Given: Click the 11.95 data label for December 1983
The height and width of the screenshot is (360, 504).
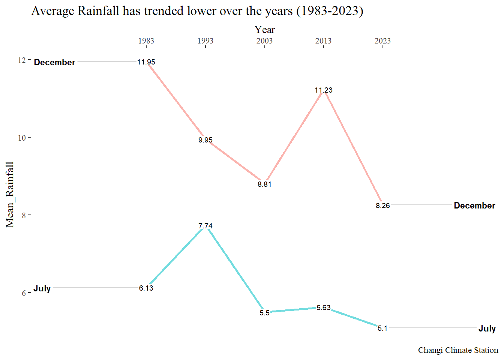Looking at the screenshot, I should pos(146,62).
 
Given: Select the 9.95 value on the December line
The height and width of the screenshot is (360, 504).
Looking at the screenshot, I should pos(205,140).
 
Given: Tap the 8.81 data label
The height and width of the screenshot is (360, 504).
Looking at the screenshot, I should pos(264,184).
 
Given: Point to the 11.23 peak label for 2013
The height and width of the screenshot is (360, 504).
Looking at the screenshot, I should pos(324,90).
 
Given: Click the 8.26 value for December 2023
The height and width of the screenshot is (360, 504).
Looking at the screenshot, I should pos(383,206).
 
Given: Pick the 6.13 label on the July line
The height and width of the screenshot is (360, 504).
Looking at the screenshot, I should pos(146,288).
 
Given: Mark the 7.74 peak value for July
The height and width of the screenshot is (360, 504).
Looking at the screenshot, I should pos(205,226).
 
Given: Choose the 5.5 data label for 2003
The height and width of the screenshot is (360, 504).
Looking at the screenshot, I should pos(264,313).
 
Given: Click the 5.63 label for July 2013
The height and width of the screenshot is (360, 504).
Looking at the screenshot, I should pos(324,308).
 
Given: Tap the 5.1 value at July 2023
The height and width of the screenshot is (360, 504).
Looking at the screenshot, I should pos(382,328).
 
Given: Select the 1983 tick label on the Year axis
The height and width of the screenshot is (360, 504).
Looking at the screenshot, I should pos(146,41).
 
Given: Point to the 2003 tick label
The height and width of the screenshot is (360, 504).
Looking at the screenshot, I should pos(264,41).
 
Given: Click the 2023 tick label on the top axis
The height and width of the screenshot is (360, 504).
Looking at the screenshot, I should pos(382,41).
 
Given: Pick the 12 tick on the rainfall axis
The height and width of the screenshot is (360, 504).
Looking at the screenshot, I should pos(22,60).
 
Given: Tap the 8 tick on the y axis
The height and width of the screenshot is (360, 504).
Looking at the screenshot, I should pos(24,215).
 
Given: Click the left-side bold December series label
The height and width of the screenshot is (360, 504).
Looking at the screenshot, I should pos(55,62).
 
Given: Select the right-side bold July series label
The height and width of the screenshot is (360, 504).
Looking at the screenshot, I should pos(487,329).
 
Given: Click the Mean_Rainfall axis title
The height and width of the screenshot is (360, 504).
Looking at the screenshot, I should pos(10,195).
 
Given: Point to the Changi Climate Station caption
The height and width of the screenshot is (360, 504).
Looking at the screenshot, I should pos(458,350).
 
